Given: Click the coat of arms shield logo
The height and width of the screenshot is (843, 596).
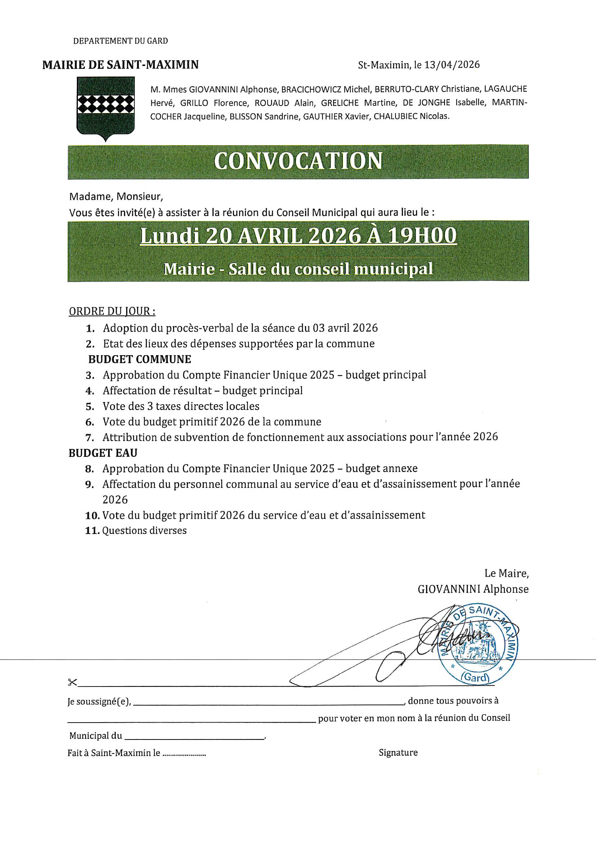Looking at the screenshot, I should coord(105,107).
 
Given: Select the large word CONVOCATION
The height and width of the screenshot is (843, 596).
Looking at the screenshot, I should coord(298,161).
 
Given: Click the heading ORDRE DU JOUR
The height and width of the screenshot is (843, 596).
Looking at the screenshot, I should coord(112,312).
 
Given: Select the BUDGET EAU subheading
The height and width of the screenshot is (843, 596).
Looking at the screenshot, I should coord(103,453).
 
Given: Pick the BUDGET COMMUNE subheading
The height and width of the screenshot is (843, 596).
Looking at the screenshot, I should coord(140,359).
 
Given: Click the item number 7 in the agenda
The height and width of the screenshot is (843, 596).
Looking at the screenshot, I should coord(90,438).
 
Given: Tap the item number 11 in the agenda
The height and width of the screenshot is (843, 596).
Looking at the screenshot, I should coord(92,531).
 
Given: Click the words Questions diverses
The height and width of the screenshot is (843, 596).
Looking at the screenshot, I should coord(144,530).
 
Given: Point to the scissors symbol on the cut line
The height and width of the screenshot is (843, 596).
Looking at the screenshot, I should coord(72,682).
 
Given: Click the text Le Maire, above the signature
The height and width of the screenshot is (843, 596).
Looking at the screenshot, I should coord(506,573).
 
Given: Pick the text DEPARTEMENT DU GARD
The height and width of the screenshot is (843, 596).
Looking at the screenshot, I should coord(120,41).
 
